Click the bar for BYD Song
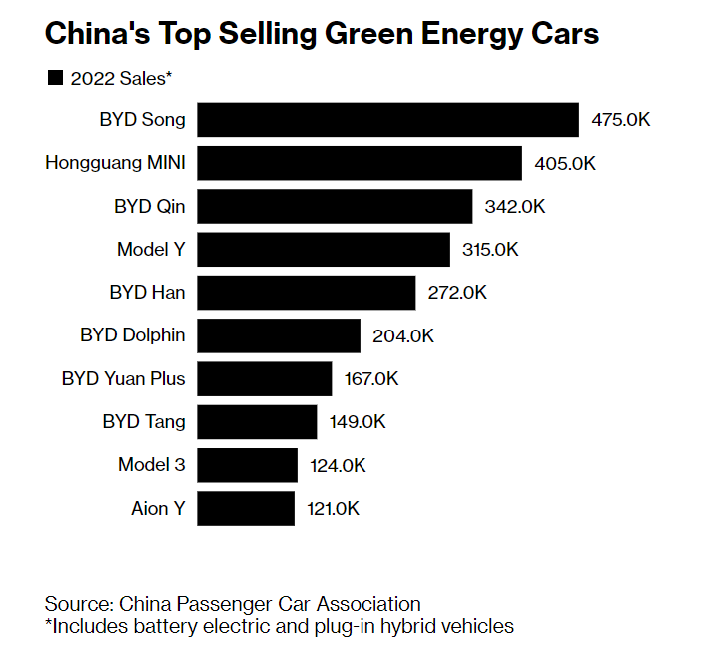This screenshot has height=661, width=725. [387, 119]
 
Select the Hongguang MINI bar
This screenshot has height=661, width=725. [360, 163]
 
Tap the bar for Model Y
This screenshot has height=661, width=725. [324, 249]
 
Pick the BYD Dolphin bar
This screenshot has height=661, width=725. [279, 335]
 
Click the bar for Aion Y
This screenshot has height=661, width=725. [246, 508]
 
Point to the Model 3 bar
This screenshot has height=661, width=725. [248, 465]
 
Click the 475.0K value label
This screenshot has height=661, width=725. [621, 120]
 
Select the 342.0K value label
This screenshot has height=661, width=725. [515, 207]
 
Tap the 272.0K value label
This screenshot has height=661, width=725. [457, 293]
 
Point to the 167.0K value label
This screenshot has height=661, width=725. [372, 379]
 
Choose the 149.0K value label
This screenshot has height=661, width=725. [358, 422]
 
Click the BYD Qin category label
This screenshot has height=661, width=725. [149, 206]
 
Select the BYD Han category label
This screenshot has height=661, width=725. [147, 293]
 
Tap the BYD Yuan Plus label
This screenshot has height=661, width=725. [123, 379]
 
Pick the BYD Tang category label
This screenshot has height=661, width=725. [144, 421]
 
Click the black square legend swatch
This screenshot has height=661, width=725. [54, 78]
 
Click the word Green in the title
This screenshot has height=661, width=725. [374, 34]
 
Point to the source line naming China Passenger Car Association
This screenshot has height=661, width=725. [233, 604]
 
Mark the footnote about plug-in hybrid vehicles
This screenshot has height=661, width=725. [279, 627]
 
